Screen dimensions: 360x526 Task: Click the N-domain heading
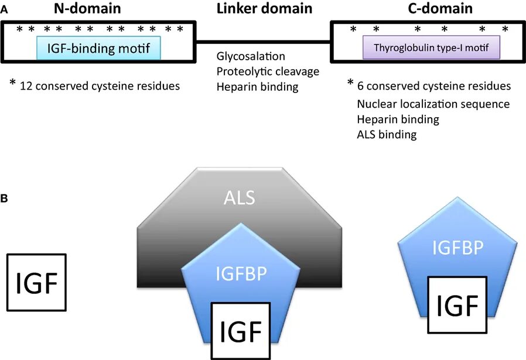[99, 8]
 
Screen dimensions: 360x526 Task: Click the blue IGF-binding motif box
[98, 46]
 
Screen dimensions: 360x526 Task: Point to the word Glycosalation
[250, 57]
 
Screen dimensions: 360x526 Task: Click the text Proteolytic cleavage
[267, 72]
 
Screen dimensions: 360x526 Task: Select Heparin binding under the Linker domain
[257, 87]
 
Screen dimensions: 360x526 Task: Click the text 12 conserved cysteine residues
[99, 85]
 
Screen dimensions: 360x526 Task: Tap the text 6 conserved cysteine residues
[433, 86]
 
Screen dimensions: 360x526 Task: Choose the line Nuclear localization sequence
[433, 104]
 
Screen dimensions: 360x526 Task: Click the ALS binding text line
[386, 135]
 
